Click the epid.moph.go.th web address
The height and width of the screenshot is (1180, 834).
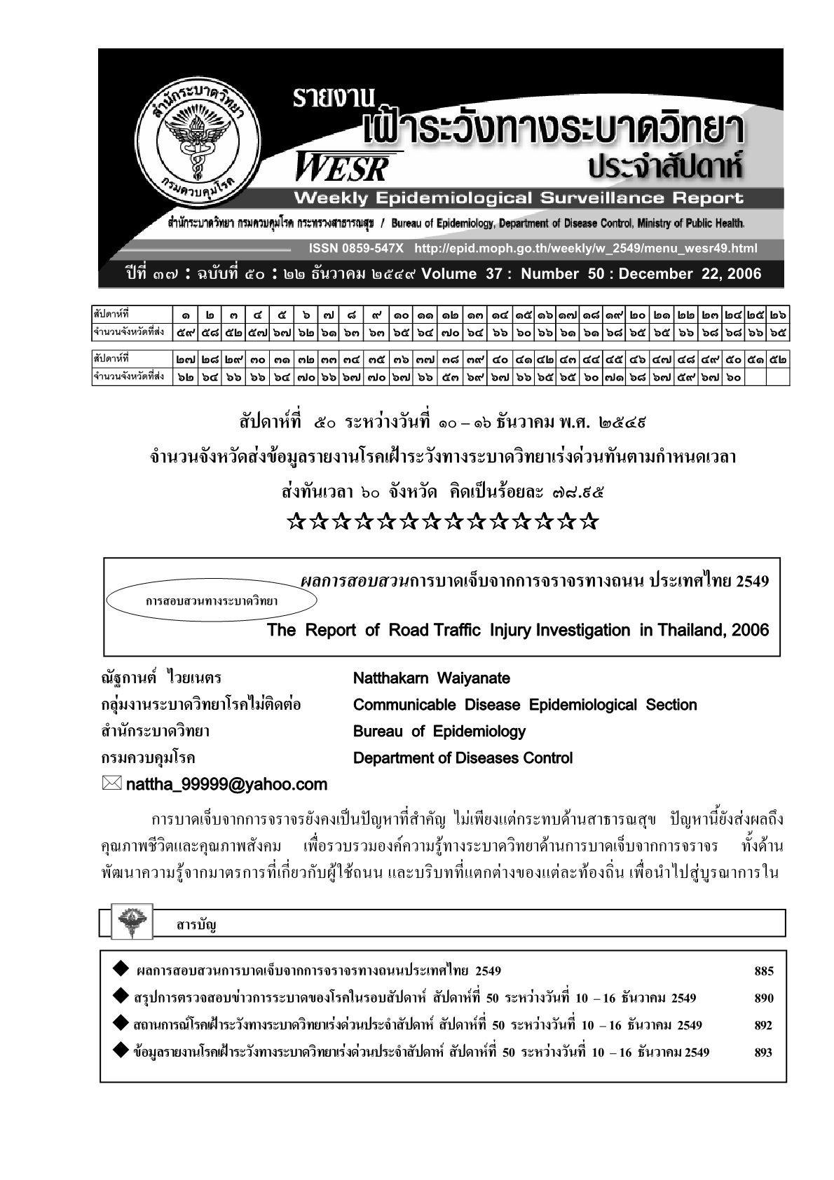585,249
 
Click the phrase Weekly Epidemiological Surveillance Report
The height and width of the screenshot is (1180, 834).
519,198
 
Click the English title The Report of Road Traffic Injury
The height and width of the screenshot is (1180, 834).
517,630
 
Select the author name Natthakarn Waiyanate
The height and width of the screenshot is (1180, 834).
431,678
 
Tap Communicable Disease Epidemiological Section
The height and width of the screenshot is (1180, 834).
525,705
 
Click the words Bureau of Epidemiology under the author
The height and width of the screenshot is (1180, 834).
439,732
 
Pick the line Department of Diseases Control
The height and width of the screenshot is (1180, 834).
463,758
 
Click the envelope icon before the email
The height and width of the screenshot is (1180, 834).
111,784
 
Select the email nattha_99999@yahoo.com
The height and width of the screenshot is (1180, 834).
226,785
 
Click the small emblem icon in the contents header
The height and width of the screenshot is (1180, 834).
129,922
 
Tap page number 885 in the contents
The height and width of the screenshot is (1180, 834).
763,971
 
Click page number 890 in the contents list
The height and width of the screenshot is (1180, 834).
763,999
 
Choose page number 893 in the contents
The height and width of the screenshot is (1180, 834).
763,1052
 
